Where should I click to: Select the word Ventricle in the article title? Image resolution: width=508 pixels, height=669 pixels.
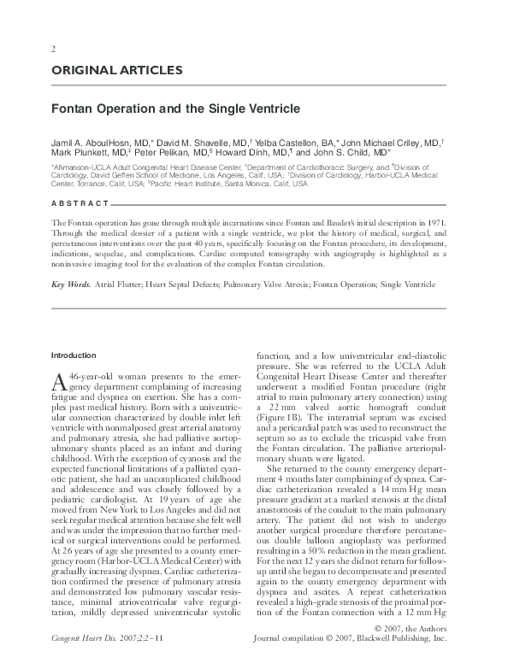click(273, 109)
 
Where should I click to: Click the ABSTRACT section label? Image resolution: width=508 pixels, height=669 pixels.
click(80, 202)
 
